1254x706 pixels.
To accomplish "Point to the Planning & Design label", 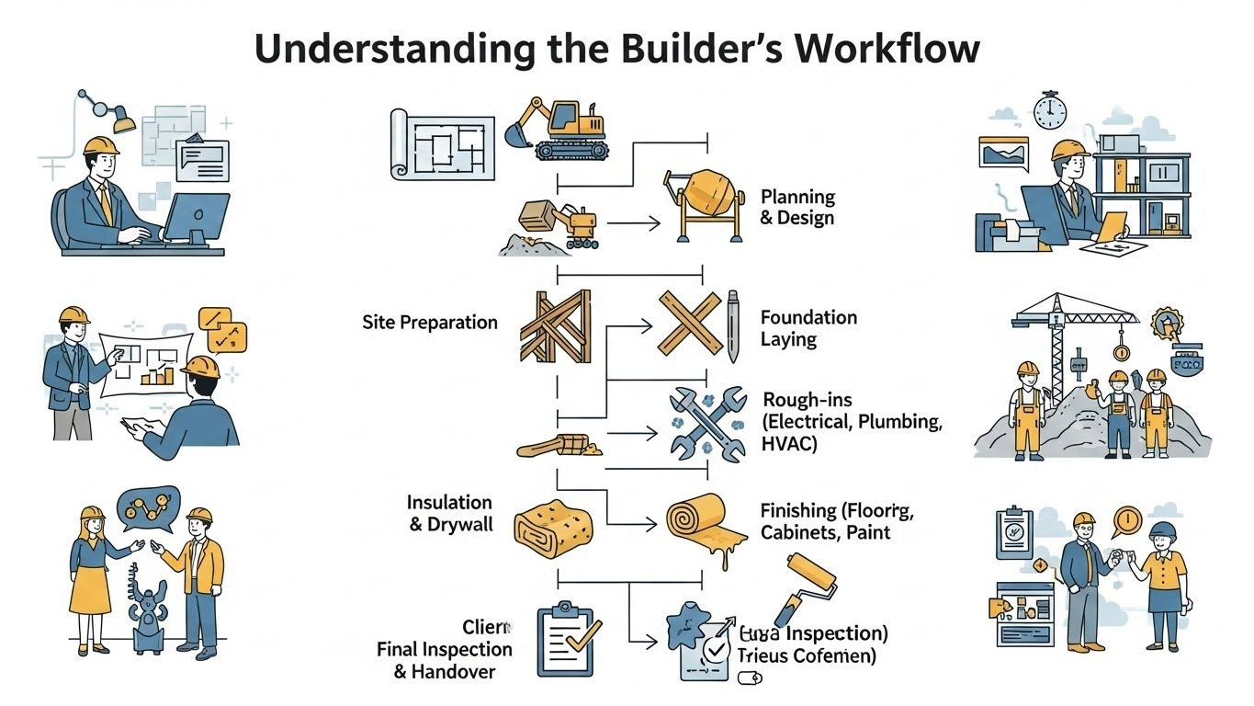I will (797, 208).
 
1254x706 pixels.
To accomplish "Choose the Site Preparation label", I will (430, 323).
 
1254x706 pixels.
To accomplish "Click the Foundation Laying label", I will (808, 328).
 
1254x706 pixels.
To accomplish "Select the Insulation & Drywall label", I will (449, 514).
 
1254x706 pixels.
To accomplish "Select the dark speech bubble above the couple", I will (147, 507).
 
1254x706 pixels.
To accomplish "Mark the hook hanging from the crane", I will (1120, 352).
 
